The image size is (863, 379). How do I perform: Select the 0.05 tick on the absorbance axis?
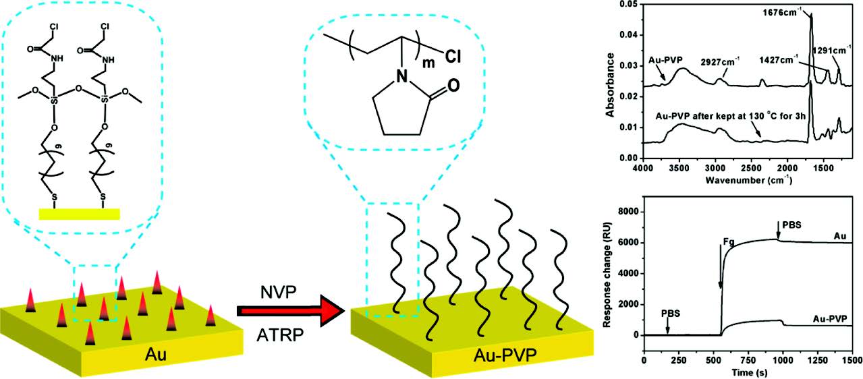pos(629,5)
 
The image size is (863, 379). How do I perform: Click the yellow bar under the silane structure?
pos(79,214)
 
